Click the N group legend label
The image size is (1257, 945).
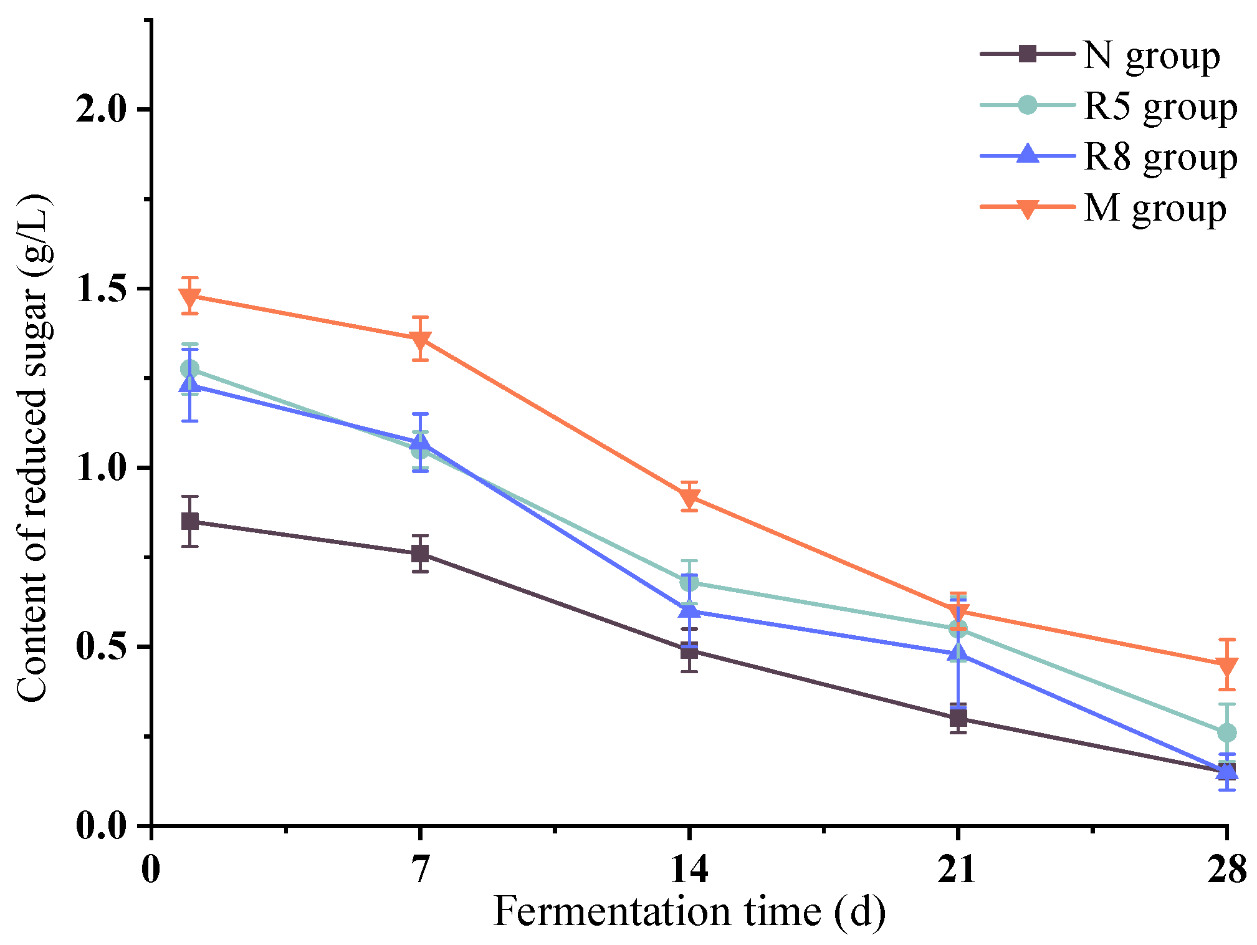pos(1151,56)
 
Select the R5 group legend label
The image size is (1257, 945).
pos(1160,107)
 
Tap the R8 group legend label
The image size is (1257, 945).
pos(1160,157)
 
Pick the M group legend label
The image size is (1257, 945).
pos(1154,208)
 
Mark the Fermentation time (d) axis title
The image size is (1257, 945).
pos(689,911)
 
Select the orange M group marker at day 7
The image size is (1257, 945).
pos(421,340)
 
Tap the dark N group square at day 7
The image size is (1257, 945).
pos(421,553)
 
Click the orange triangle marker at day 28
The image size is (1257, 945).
pos(1227,666)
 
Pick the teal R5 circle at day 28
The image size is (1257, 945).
pos(1227,732)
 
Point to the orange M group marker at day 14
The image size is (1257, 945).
pos(689,497)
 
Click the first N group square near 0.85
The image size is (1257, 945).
pos(190,521)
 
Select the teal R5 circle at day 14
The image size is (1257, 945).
pos(689,583)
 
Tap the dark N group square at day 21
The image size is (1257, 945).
pos(958,718)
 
